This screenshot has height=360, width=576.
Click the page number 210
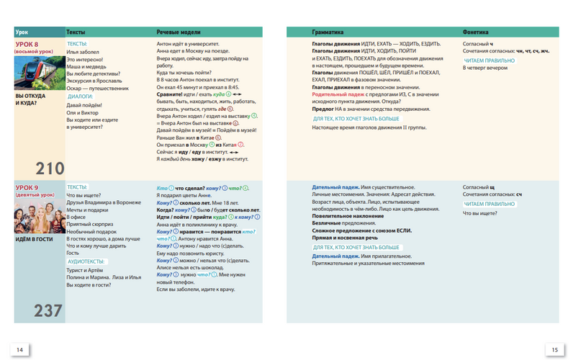point(50,169)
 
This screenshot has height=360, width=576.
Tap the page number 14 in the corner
point(19,349)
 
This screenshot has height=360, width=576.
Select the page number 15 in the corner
point(554,349)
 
